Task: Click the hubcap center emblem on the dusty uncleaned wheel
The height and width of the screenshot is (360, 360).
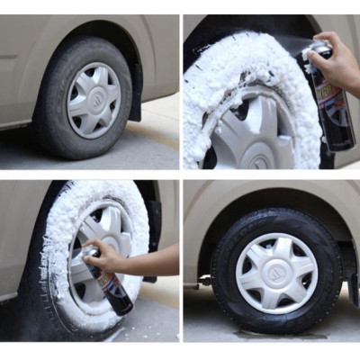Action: pyautogui.click(x=94, y=100)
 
